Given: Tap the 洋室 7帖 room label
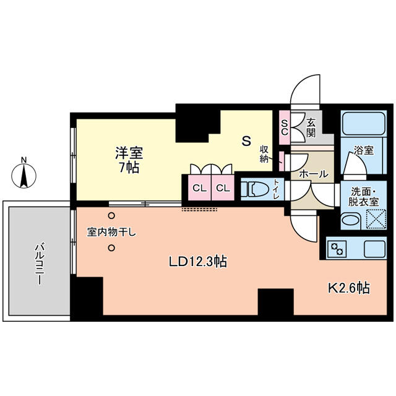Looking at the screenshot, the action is click(129, 160).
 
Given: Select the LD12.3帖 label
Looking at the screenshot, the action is click(198, 262).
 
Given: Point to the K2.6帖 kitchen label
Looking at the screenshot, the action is click(349, 288).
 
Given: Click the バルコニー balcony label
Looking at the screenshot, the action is click(39, 264).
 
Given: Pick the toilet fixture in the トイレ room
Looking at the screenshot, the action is click(255, 189).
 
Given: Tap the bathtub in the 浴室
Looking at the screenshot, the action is click(363, 124).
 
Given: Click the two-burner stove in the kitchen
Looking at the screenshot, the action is click(337, 249).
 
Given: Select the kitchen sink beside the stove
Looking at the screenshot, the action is click(374, 249).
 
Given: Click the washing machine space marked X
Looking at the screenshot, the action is click(376, 219).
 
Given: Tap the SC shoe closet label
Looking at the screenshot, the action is click(285, 127).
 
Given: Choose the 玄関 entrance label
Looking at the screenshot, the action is click(311, 128).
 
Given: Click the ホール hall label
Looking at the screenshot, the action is click(314, 174).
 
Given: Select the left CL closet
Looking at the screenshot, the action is click(199, 187).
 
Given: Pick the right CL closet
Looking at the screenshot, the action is click(223, 187).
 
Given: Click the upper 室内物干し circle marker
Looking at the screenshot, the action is click(111, 216).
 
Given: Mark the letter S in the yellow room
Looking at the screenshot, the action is click(246, 141).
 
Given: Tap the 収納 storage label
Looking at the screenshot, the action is click(264, 154).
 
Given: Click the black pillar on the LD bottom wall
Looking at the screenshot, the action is click(275, 302).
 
